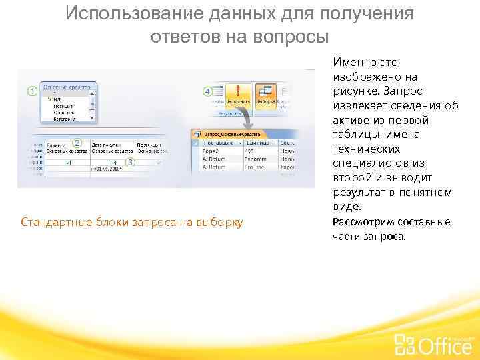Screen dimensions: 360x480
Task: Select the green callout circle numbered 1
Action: point(31,91)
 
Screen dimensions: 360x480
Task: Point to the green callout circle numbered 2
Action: point(77,142)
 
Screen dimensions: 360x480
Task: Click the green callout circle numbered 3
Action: point(130,162)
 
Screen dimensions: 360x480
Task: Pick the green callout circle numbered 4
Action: point(207,91)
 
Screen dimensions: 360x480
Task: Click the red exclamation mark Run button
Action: point(238,93)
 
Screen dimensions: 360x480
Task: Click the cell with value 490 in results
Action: point(249,150)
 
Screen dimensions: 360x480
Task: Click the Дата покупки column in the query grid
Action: point(107,144)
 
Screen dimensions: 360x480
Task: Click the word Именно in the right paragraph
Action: point(352,63)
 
